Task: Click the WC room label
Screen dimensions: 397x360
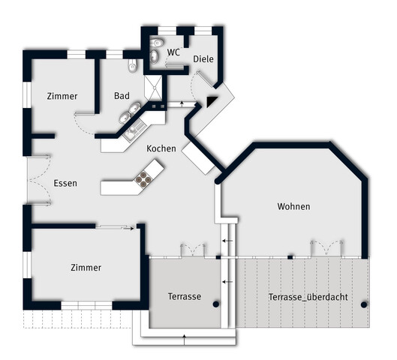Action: (173, 52)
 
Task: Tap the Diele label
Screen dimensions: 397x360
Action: (203, 59)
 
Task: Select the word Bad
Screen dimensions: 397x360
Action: (122, 96)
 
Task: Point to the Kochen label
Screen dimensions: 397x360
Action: (161, 148)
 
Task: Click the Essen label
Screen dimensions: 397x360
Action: (65, 183)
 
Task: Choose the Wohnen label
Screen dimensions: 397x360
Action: (293, 206)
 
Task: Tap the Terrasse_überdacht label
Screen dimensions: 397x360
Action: (308, 297)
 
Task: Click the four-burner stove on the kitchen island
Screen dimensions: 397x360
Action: (143, 178)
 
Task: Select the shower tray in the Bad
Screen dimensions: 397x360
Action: (153, 88)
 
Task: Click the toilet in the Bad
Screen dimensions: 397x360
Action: (132, 65)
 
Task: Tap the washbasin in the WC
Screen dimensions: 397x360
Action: (154, 57)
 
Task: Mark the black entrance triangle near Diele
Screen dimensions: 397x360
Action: (211, 101)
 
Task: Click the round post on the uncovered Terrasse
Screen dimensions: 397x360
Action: (215, 304)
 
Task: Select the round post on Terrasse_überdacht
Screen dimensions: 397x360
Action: (364, 304)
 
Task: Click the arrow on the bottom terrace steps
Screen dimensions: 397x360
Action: (185, 340)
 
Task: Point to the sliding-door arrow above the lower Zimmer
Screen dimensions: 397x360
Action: (128, 229)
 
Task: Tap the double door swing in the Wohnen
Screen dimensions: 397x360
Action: (326, 247)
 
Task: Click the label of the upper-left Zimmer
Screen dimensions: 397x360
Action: (62, 96)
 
